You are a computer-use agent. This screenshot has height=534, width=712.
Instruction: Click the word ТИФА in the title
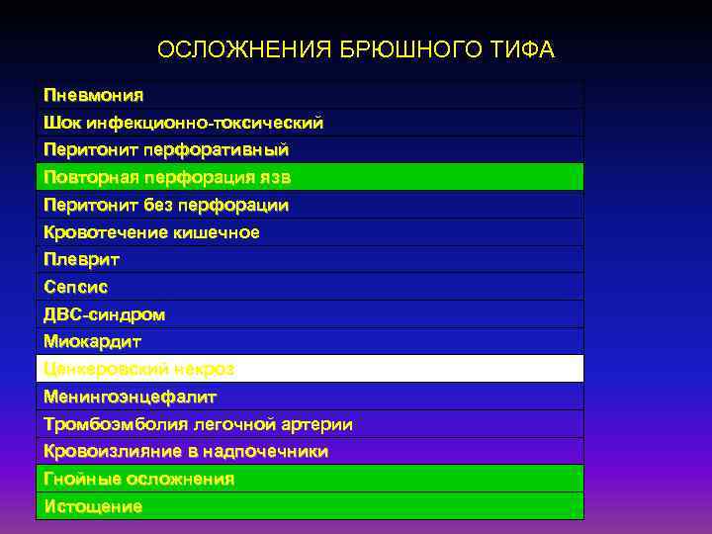525,49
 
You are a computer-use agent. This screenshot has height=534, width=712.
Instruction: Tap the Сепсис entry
75,287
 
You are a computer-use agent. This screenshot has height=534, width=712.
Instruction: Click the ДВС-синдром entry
104,314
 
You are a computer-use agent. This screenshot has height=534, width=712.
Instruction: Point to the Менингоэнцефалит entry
130,397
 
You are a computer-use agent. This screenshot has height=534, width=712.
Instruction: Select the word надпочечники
266,451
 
